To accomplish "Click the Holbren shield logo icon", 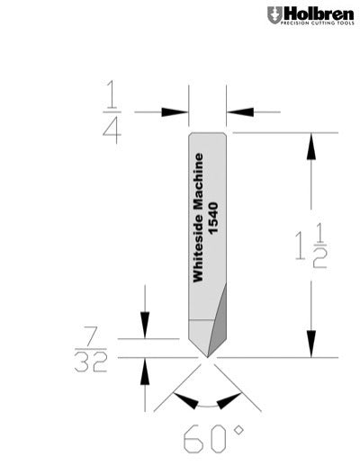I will point(274,15).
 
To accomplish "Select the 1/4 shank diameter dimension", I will point(112,112).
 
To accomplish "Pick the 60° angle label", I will point(213,440).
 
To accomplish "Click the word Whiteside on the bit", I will point(200,253).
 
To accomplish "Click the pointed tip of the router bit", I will point(207,357).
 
